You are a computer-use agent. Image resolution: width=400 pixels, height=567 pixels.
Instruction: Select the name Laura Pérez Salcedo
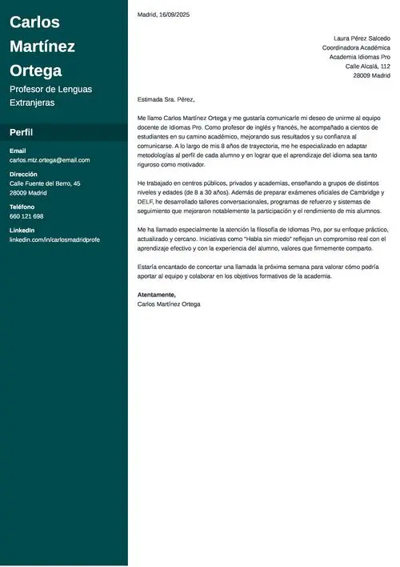point(362,38)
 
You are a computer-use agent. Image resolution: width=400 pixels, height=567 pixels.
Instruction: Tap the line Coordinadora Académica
point(356,47)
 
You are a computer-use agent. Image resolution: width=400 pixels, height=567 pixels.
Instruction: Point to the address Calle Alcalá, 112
point(368,66)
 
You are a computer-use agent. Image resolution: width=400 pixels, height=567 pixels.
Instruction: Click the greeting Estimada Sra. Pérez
point(166,99)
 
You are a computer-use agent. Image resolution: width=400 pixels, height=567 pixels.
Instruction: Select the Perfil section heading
point(21,132)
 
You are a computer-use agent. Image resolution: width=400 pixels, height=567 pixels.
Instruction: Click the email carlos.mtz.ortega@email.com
point(50,160)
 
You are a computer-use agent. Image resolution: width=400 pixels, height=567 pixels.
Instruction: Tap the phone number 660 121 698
point(26,216)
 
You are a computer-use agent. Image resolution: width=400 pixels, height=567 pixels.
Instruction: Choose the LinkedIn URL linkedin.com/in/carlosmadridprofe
point(54,239)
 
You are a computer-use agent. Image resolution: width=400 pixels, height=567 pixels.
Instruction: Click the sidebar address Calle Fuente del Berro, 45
point(45,183)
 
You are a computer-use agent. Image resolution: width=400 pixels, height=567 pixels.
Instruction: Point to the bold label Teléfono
point(22,207)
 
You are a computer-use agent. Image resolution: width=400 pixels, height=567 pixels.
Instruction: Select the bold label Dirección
point(23,174)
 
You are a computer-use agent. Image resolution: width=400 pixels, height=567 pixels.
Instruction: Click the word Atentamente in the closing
point(156,295)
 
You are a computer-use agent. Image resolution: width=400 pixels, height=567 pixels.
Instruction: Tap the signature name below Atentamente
point(169,304)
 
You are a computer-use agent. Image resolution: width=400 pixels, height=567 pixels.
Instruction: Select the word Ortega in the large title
point(35,70)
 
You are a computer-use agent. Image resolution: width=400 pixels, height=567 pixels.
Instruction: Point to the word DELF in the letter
point(146,202)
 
